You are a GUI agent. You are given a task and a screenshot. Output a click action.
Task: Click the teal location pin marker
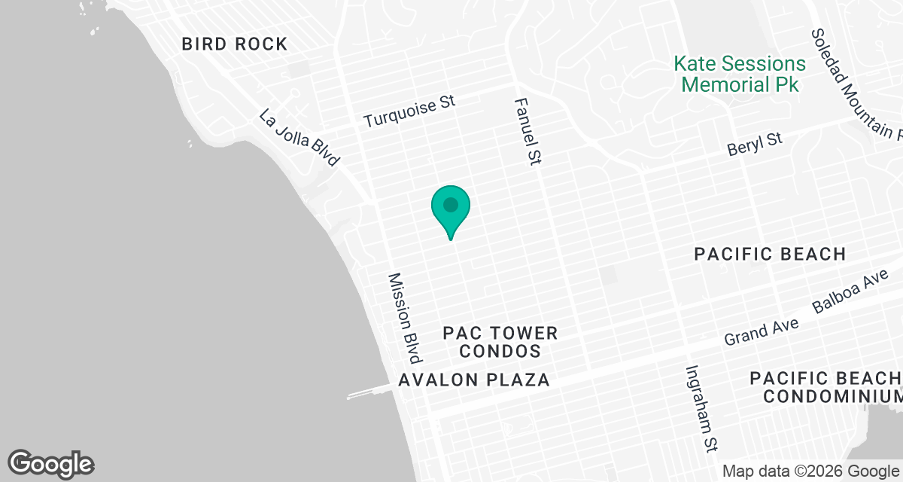click(x=451, y=212)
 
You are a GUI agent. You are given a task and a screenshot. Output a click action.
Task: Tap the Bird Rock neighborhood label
click(x=235, y=44)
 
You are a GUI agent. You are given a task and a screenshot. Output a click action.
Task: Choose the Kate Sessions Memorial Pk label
click(x=740, y=74)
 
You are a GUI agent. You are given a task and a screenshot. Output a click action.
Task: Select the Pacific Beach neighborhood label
click(x=770, y=254)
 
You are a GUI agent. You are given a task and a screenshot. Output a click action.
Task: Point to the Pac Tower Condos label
click(x=500, y=342)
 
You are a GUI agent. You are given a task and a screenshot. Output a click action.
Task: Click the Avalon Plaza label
click(x=474, y=380)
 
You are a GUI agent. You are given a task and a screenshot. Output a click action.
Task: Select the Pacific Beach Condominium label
click(x=826, y=386)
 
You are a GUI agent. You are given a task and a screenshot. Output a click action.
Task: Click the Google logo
click(x=51, y=464)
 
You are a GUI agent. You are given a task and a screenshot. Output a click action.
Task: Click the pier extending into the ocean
click(x=369, y=393)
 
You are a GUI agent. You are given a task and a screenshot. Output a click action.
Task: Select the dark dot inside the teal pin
click(x=451, y=204)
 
